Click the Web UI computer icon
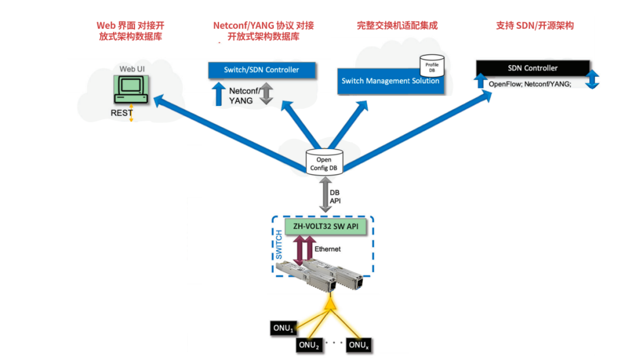tap(131, 90)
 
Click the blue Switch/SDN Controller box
tap(261, 70)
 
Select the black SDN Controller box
tap(532, 68)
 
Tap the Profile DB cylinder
tap(432, 66)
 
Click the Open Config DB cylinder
tap(324, 163)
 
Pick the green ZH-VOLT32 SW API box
tap(326, 226)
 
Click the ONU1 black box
tap(283, 328)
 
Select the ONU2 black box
tap(309, 345)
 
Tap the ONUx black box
tap(359, 345)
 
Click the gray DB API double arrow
tap(325, 195)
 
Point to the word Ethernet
tap(327, 249)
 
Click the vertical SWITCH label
tap(279, 245)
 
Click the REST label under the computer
tap(121, 113)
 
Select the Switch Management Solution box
tap(390, 81)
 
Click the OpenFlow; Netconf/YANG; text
tap(530, 84)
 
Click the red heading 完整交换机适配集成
tap(397, 25)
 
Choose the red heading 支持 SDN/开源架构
tap(535, 25)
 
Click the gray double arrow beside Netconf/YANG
tap(266, 93)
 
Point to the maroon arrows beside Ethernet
tap(304, 250)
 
